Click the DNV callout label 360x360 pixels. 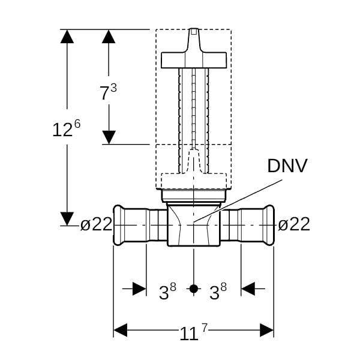tap(287, 166)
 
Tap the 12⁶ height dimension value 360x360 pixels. tap(67, 128)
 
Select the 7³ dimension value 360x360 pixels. tap(108, 92)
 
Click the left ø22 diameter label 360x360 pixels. tap(96, 224)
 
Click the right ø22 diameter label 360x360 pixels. tap(294, 224)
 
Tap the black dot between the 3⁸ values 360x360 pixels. tap(194, 289)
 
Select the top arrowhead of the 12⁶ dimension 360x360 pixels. tap(67, 36)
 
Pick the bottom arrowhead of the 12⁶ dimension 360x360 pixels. tap(67, 219)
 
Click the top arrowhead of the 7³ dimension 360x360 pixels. tap(109, 36)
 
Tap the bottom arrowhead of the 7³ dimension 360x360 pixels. tap(109, 137)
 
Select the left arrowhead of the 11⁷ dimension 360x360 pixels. tap(121, 330)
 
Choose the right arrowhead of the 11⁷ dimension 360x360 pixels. tap(267, 330)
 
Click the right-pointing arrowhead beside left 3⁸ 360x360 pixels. tap(139, 289)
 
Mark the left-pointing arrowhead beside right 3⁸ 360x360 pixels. tap(248, 289)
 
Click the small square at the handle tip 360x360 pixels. tap(194, 32)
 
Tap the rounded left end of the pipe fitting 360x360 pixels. tap(117, 225)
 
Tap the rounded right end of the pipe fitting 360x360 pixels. tap(270, 225)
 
